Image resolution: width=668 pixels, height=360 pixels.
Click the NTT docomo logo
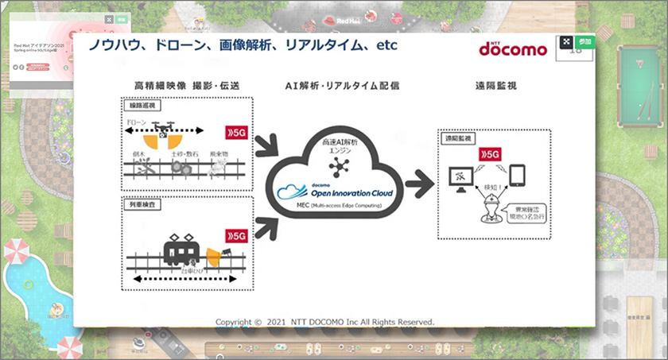[512, 48]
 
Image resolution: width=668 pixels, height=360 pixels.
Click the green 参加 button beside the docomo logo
[585, 41]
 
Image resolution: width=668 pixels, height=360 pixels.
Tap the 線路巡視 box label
[140, 105]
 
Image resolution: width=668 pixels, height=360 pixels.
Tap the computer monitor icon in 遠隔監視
[462, 176]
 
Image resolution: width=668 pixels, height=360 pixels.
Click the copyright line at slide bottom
[325, 322]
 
